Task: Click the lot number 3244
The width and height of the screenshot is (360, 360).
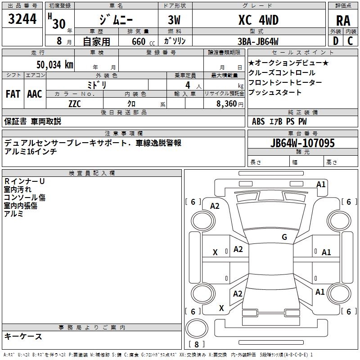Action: (22, 19)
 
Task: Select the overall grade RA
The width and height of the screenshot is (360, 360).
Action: (343, 21)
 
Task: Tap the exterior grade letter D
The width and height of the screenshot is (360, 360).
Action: (336, 41)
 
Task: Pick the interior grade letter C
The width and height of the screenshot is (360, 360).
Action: (350, 41)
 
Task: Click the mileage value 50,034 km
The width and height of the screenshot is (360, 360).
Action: (55, 64)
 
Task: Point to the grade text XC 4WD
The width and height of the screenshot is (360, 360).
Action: (258, 20)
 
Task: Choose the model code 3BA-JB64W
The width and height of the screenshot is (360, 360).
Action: (258, 41)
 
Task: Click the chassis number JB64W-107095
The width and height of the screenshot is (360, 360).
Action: (302, 143)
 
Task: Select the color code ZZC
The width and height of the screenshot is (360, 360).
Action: (75, 104)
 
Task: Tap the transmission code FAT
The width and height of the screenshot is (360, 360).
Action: (13, 94)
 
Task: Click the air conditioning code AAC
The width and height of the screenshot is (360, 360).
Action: (35, 94)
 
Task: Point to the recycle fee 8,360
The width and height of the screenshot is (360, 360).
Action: (226, 104)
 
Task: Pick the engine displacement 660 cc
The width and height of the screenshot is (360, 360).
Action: (143, 42)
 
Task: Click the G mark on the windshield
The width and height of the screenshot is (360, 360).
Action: (284, 237)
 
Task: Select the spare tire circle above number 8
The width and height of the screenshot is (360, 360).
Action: (197, 328)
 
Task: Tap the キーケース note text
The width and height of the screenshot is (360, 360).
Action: (23, 336)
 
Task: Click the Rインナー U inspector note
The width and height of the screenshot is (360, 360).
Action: (24, 181)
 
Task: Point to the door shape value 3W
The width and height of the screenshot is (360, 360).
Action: (174, 20)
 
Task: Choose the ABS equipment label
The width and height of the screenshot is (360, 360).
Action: (258, 121)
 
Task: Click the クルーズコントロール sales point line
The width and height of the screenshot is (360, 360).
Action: (282, 73)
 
